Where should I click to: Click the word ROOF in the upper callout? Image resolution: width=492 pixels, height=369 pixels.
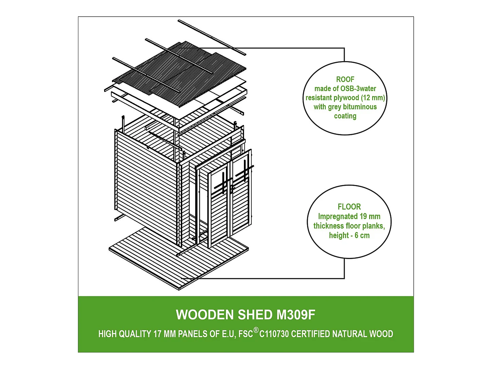tap(345, 79)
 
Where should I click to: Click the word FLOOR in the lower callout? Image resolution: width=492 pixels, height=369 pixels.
tap(349, 207)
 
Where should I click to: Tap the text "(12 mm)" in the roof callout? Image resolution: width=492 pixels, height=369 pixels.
tap(373, 98)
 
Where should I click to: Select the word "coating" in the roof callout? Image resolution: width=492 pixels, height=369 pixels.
tap(345, 116)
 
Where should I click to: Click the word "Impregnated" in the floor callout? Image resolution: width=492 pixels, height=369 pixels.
tap(338, 217)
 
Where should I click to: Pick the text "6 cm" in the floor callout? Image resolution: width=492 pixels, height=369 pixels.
tap(362, 236)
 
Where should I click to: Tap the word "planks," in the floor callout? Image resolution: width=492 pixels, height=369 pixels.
tap(374, 226)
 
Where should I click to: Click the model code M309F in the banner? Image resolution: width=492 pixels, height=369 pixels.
tap(296, 315)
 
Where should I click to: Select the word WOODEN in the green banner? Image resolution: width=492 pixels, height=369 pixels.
tap(205, 315)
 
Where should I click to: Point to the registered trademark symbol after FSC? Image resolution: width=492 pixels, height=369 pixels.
tap(256, 330)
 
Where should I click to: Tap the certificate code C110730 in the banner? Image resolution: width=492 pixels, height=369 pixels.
tap(274, 334)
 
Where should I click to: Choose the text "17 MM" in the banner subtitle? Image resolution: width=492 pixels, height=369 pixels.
tap(165, 334)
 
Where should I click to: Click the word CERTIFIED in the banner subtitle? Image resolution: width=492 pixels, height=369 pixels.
tap(310, 334)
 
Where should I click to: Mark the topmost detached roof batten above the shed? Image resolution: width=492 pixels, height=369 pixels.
tap(212, 37)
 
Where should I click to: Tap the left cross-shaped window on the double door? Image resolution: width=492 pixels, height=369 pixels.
tap(223, 183)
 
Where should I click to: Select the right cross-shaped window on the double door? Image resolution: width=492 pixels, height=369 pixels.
tap(245, 169)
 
